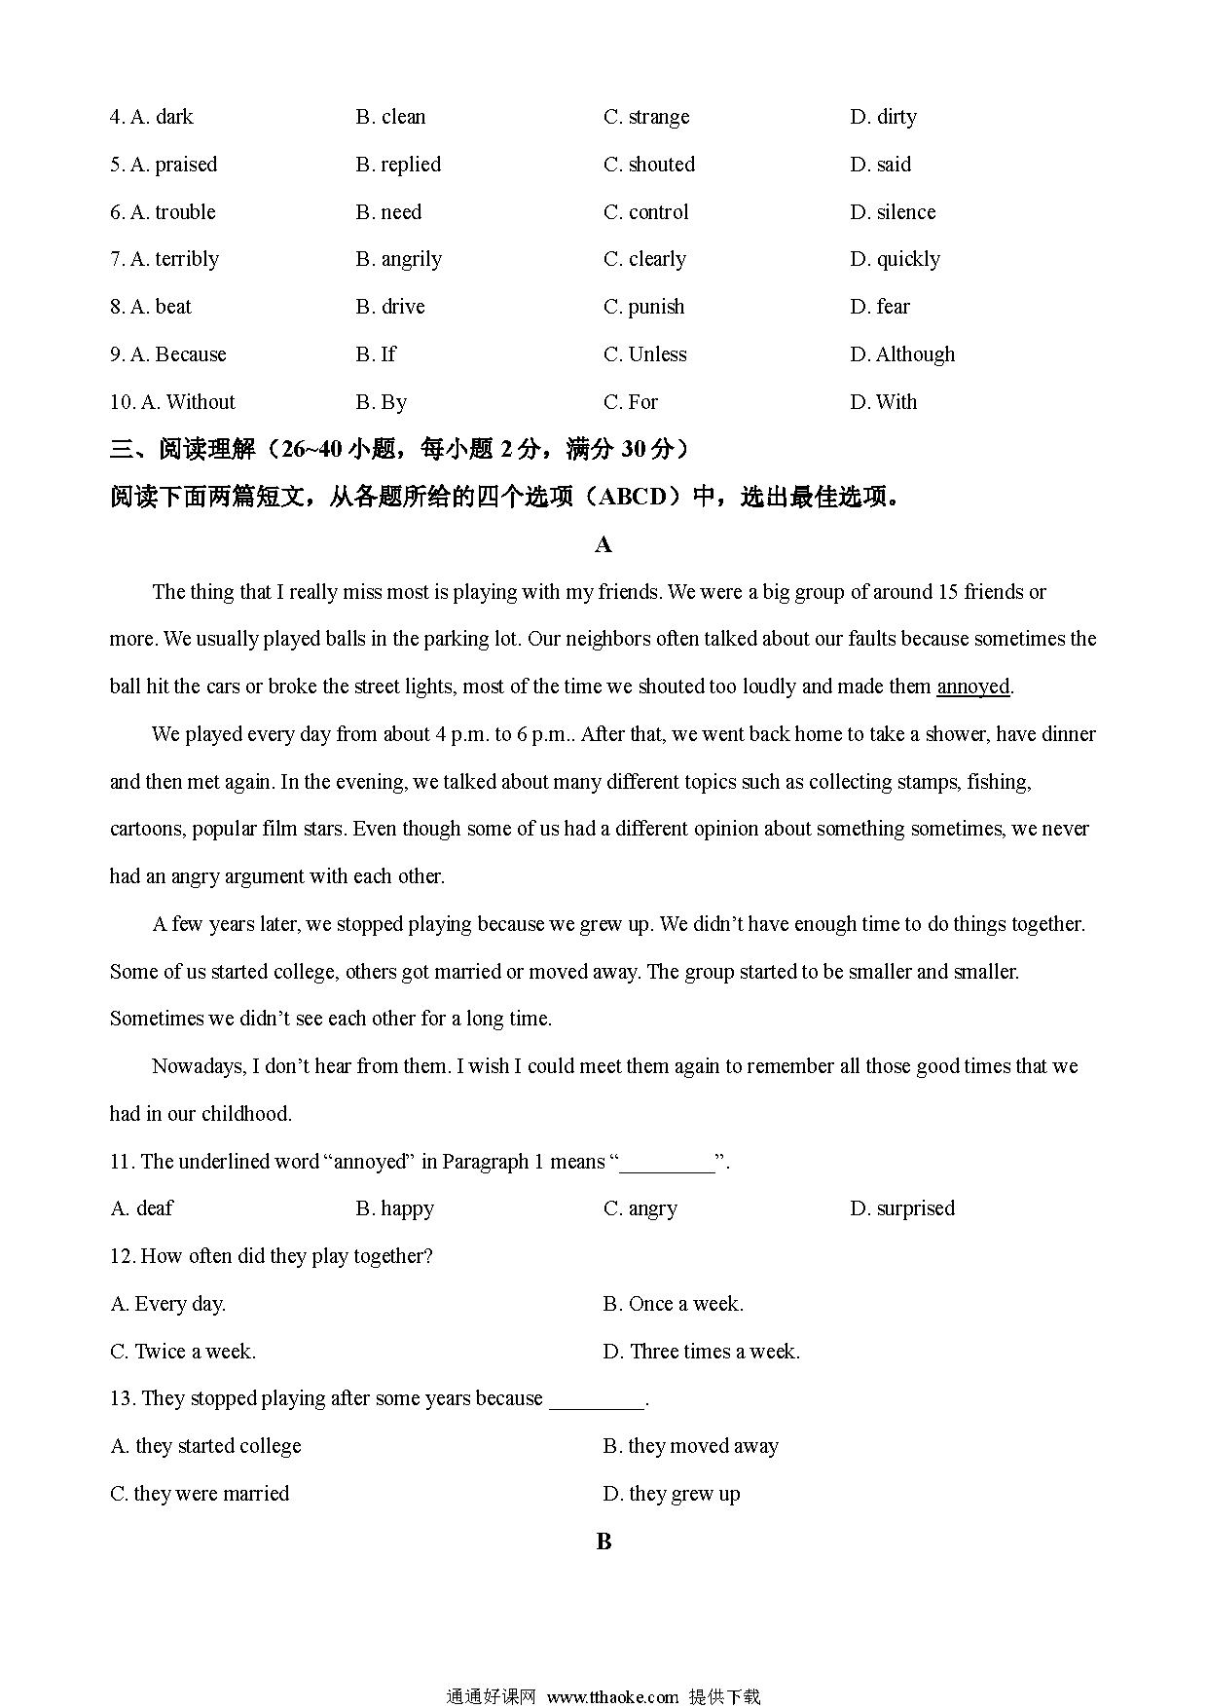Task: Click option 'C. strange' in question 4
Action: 646,117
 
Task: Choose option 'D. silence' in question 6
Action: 893,212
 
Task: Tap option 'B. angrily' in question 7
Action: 399,259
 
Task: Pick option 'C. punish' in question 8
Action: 644,307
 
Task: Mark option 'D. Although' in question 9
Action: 902,354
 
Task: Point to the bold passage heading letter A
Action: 603,544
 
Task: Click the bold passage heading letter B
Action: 603,1541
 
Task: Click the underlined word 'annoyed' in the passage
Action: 972,687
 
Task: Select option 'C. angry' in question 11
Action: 640,1208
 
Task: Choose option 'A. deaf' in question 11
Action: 142,1208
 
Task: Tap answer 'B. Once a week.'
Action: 674,1304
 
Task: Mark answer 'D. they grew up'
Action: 672,1494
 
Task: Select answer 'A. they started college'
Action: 206,1446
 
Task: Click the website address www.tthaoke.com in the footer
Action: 612,1696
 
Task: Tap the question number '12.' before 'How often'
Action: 123,1256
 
